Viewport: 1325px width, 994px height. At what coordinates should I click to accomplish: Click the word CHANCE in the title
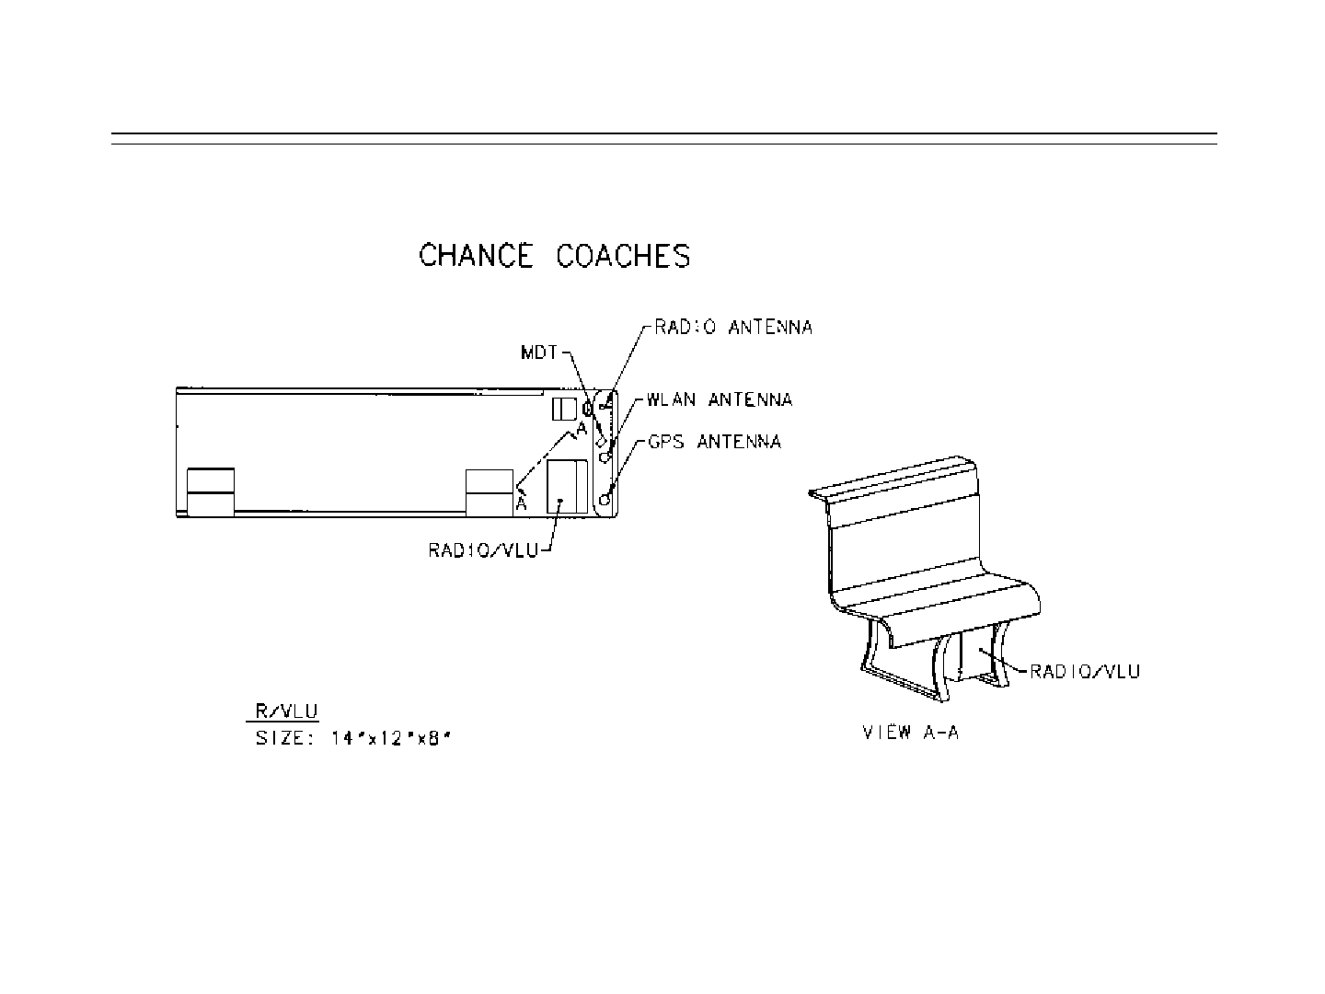coord(476,255)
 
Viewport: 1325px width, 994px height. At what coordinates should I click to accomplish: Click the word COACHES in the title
coord(623,255)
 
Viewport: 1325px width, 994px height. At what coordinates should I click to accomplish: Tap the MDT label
coord(541,353)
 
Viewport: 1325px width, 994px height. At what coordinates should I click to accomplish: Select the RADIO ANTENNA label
coord(732,327)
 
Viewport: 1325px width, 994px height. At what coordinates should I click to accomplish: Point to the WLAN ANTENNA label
coord(719,399)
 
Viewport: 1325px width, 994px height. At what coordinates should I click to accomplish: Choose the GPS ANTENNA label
coord(714,442)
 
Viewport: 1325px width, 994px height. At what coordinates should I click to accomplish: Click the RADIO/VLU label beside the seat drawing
coord(1084,671)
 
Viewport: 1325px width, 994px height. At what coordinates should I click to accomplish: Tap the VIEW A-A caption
coord(910,733)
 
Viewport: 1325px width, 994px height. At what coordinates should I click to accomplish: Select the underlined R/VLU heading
coord(285,711)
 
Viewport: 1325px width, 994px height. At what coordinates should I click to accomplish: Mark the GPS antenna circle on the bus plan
coord(605,499)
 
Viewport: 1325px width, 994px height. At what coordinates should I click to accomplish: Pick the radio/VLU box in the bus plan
coord(567,486)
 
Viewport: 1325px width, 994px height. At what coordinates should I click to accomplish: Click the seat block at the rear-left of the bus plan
coord(210,492)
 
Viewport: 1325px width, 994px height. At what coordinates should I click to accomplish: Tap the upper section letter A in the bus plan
coord(582,429)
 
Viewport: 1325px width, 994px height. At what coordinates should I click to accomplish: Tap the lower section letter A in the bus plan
coord(521,503)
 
